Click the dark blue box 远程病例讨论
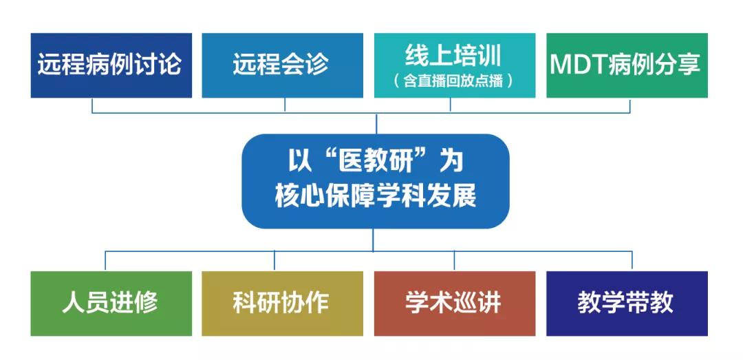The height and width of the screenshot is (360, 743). point(111,65)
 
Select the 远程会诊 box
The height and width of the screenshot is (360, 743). point(283,65)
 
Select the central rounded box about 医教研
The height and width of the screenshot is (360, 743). point(376,181)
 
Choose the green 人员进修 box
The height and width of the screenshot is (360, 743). point(111,304)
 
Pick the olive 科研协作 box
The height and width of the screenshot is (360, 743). point(283,304)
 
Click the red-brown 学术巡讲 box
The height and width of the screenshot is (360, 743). point(455,304)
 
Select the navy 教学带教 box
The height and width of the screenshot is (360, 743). point(627,304)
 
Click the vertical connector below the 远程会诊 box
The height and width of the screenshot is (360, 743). point(285,105)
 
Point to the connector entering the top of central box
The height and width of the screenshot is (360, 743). point(376,123)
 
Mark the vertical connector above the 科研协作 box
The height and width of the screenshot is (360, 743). point(274,262)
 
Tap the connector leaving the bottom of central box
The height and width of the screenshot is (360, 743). point(373,240)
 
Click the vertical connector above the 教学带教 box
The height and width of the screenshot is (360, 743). point(632,262)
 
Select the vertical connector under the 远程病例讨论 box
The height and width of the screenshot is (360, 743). point(92,105)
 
